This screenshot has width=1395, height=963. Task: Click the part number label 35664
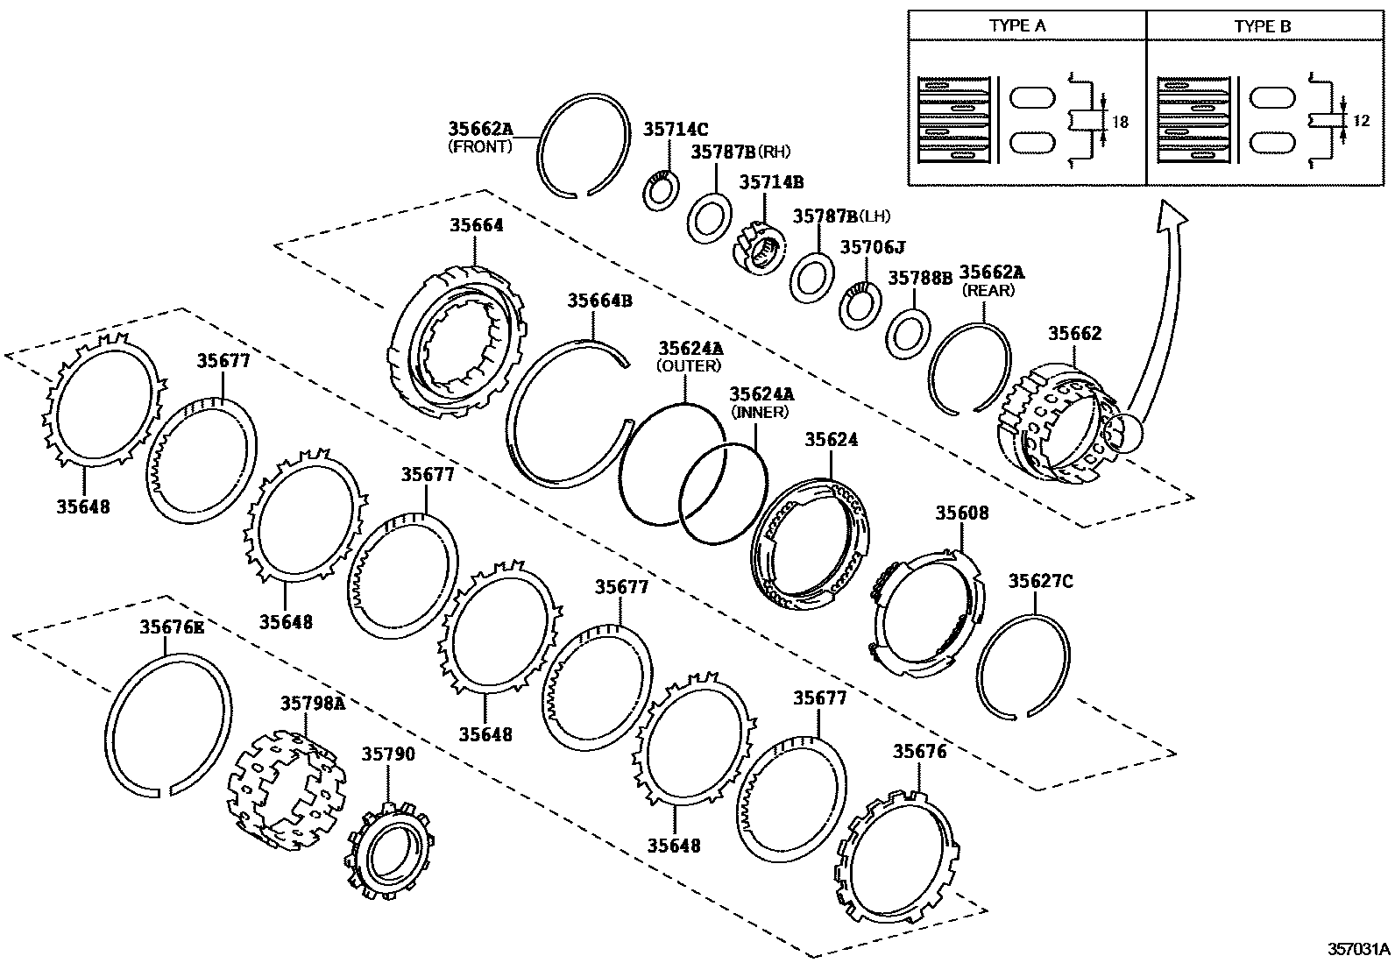pyautogui.click(x=477, y=225)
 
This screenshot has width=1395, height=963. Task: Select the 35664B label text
pyautogui.click(x=599, y=301)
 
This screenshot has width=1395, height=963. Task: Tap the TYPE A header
pyautogui.click(x=1017, y=25)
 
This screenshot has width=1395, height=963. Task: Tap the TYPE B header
pyautogui.click(x=1263, y=25)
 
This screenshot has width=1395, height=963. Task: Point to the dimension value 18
pyautogui.click(x=1120, y=123)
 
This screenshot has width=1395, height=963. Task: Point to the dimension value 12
pyautogui.click(x=1361, y=121)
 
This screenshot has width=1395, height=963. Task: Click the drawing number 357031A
pyautogui.click(x=1358, y=949)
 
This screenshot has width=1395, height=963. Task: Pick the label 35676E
pyautogui.click(x=172, y=627)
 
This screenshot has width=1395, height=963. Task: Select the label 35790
pyautogui.click(x=388, y=754)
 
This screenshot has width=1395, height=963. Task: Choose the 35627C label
pyautogui.click(x=1040, y=581)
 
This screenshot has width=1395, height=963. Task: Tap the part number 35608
pyautogui.click(x=961, y=513)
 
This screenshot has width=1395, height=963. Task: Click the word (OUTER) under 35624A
pyautogui.click(x=689, y=365)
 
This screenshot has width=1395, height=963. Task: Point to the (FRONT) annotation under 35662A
pyautogui.click(x=479, y=147)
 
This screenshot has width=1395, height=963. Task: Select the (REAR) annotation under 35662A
pyautogui.click(x=988, y=290)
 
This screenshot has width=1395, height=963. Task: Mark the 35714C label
pyautogui.click(x=676, y=129)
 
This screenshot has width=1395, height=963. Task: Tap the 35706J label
pyautogui.click(x=873, y=247)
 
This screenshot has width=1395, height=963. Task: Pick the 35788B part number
pyautogui.click(x=920, y=278)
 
